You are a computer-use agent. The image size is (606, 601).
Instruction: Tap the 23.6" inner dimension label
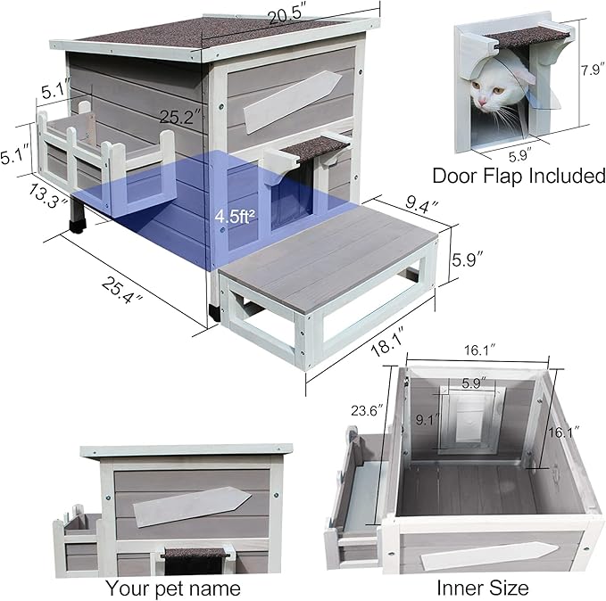365,411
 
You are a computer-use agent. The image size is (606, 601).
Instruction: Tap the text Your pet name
173,588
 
